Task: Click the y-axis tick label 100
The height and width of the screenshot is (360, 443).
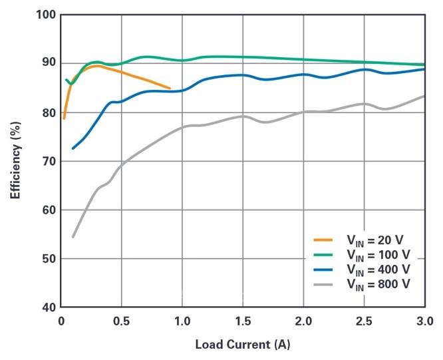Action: tap(44, 15)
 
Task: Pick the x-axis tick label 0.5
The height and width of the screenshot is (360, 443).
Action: tap(121, 321)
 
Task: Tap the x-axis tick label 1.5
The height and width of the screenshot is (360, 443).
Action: tap(242, 321)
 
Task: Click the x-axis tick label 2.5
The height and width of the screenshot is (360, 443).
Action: tap(364, 321)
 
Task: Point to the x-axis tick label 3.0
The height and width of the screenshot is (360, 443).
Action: tap(424, 321)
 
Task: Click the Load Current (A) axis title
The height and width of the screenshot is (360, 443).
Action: tap(242, 345)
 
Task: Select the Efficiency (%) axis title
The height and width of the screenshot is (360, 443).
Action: tap(15, 160)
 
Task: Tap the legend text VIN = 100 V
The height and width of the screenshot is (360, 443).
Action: tap(378, 255)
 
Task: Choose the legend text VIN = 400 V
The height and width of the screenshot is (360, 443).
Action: tap(378, 270)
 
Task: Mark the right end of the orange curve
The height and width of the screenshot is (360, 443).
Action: tap(170, 89)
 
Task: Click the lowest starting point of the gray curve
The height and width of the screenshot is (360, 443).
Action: tap(73, 236)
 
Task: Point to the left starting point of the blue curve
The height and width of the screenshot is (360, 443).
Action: tap(73, 148)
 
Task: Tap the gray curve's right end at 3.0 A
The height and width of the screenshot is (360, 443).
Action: tap(424, 96)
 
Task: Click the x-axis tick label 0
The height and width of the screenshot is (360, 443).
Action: tap(61, 321)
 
